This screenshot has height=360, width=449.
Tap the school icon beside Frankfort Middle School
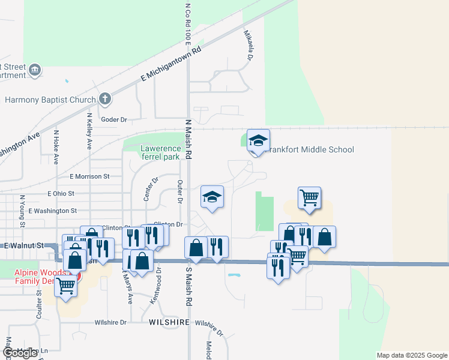258,141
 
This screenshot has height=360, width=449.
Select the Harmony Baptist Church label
50,100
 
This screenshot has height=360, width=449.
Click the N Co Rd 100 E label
188,24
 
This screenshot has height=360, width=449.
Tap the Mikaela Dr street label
248,46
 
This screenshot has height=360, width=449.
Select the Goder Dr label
115,119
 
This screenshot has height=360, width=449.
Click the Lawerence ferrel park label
160,152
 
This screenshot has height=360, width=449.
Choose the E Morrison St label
89,176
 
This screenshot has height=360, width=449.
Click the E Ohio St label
61,194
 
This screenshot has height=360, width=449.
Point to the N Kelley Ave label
89,131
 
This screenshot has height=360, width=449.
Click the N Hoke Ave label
56,147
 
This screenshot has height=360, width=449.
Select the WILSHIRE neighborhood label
169,322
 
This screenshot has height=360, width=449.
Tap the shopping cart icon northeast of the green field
309,197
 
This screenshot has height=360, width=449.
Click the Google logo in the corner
20,353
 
